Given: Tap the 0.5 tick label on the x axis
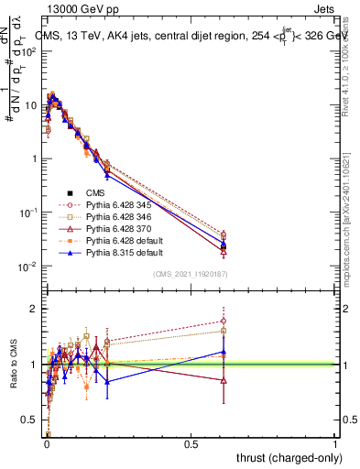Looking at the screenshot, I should point(191,444).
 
